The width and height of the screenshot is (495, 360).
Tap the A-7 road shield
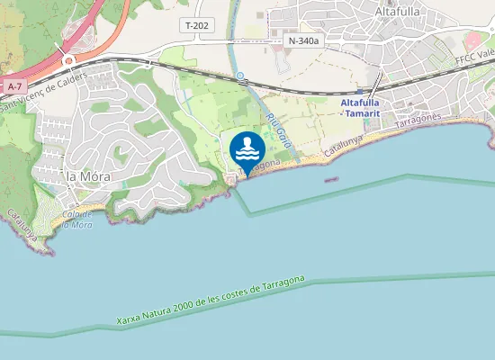(13, 86)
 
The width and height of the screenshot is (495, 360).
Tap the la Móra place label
(88, 176)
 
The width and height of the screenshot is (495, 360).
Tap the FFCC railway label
(475, 57)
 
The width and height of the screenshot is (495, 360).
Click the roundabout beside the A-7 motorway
(68, 61)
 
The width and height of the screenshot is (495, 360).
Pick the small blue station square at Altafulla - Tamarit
(359, 91)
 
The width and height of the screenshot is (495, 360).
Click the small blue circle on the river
(240, 76)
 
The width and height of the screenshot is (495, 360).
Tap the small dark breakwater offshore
(331, 178)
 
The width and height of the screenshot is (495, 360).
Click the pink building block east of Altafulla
(473, 41)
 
